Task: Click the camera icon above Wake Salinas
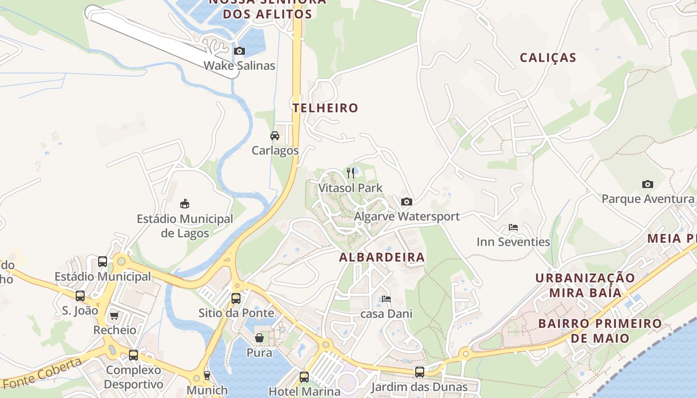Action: click(239, 51)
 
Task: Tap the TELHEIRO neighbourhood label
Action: click(325, 108)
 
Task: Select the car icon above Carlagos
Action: click(274, 135)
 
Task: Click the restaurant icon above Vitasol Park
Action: click(350, 173)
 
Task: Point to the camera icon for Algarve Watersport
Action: click(407, 201)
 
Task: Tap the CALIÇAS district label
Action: click(548, 58)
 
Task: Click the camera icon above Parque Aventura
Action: click(647, 184)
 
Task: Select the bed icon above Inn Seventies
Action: click(513, 227)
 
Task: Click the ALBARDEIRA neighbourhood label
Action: click(382, 257)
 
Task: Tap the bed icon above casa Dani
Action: click(386, 299)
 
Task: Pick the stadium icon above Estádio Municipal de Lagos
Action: click(185, 203)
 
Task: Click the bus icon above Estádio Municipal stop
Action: click(103, 261)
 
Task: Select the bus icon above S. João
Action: click(80, 296)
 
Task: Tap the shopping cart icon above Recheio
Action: click(115, 315)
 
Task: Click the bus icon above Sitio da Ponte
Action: click(236, 298)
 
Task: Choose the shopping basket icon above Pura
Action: click(259, 338)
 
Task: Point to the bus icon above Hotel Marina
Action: click(304, 377)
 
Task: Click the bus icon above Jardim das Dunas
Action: click(420, 372)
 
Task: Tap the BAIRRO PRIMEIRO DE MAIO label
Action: click(600, 331)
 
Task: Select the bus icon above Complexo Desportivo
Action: click(133, 355)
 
